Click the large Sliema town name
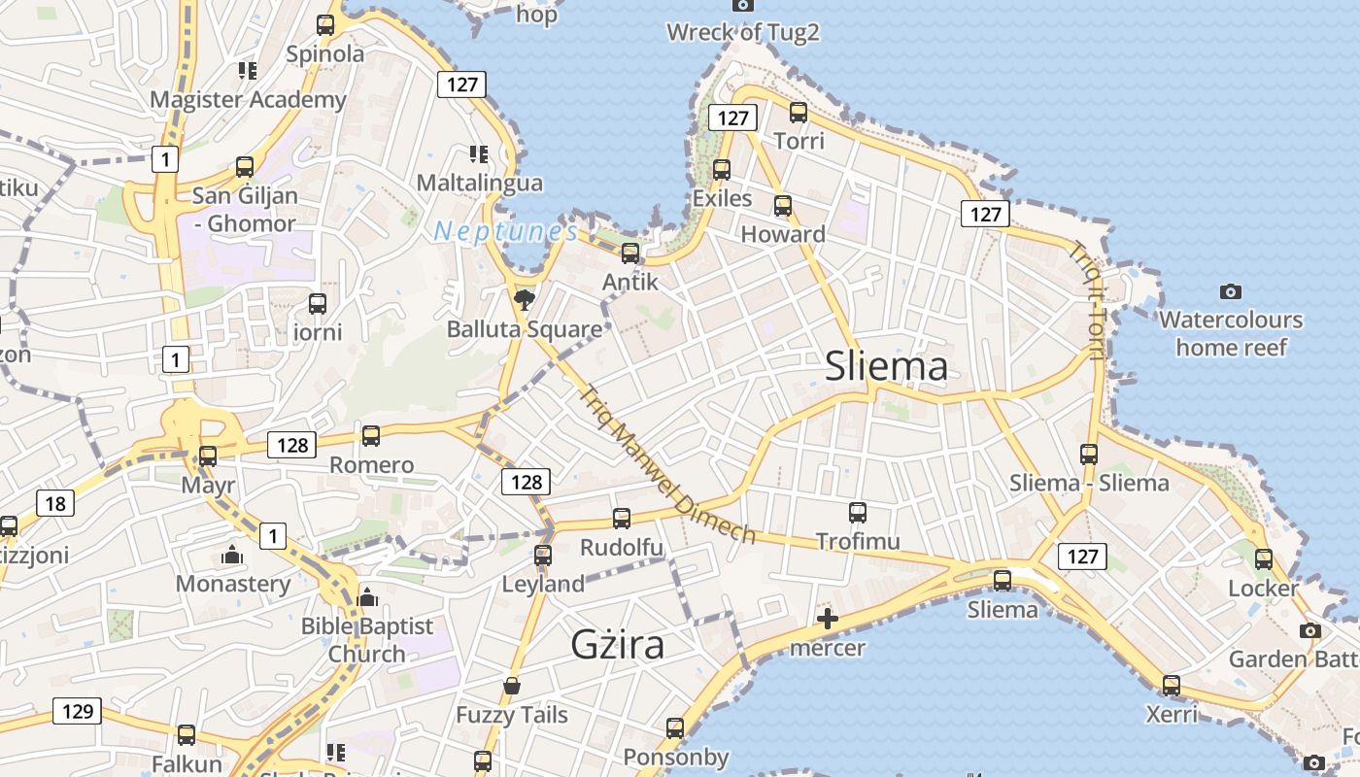886,367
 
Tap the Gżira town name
617,645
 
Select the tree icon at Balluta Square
525,298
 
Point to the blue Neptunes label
505,231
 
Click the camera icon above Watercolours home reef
1231,291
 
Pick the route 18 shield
55,503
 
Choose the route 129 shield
77,711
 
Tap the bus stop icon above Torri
799,113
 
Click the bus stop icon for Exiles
722,170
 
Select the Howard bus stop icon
783,206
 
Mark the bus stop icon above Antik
630,253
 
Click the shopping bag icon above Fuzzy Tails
512,687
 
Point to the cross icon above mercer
828,619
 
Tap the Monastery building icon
232,556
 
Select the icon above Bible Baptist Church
366,597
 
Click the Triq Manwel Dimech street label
666,464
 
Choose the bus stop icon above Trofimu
858,513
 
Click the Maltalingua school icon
478,154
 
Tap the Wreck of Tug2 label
743,32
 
